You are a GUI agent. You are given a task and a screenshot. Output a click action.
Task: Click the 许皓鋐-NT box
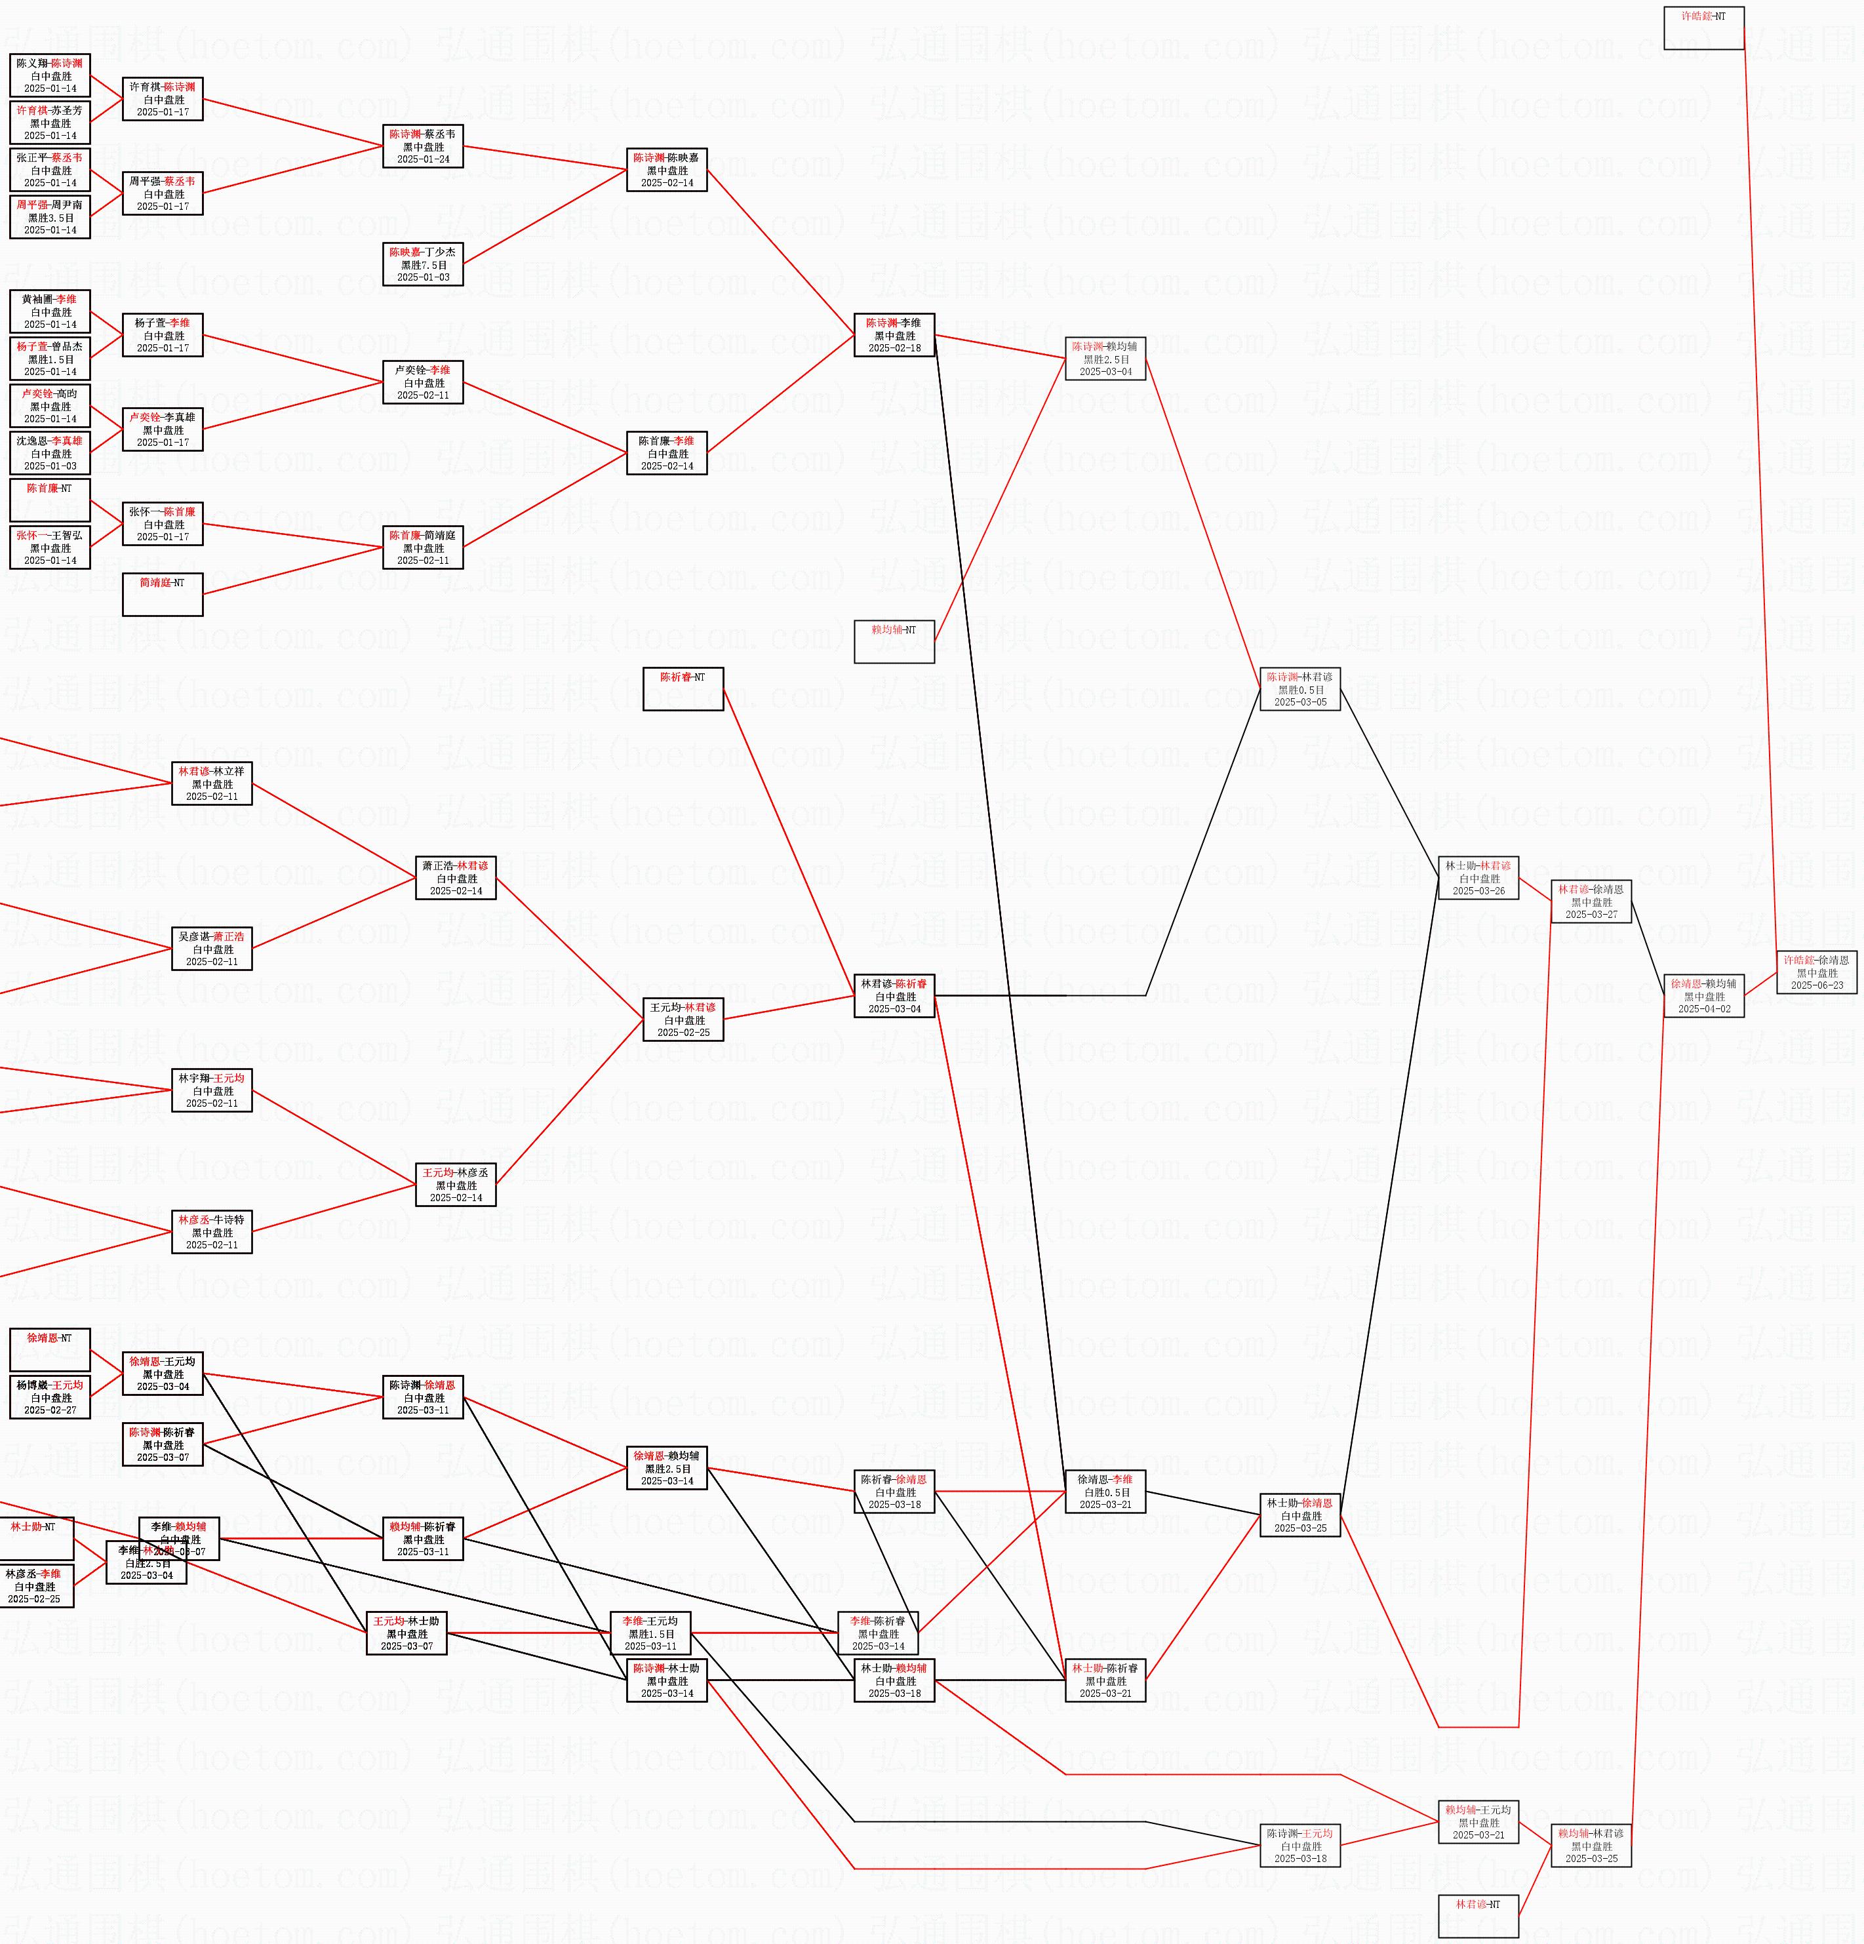pyautogui.click(x=1703, y=28)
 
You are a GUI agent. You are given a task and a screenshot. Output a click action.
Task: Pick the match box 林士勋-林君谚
pyautogui.click(x=1478, y=878)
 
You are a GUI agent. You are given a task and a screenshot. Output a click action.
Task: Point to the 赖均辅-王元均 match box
pyautogui.click(x=1478, y=1822)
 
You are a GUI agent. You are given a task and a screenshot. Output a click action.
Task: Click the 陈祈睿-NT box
pyautogui.click(x=683, y=688)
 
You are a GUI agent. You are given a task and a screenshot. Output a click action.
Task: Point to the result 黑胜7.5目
pyautogui.click(x=424, y=265)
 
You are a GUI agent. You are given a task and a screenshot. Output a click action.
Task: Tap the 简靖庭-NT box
pyautogui.click(x=163, y=594)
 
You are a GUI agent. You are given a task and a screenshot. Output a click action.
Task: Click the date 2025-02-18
pyautogui.click(x=894, y=348)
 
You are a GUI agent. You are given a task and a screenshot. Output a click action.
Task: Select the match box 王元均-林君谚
pyautogui.click(x=683, y=1019)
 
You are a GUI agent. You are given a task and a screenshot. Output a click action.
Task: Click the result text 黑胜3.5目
pyautogui.click(x=50, y=217)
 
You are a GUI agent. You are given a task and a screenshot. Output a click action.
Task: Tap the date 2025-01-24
pyautogui.click(x=424, y=159)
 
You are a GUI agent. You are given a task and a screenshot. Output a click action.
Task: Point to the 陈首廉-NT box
pyautogui.click(x=50, y=500)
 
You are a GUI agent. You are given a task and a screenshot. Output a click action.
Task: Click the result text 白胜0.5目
pyautogui.click(x=1105, y=1492)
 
